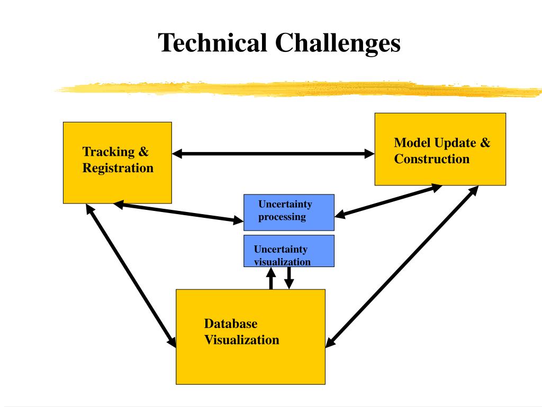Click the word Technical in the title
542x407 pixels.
(213, 42)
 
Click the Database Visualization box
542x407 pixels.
(250, 360)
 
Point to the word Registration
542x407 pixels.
(118, 169)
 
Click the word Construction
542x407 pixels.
(431, 159)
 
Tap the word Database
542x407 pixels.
(231, 324)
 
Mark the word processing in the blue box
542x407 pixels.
(282, 217)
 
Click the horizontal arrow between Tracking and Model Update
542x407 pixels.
(273, 154)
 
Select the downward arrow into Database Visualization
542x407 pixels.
(288, 277)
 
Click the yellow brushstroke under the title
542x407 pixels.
(296, 89)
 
